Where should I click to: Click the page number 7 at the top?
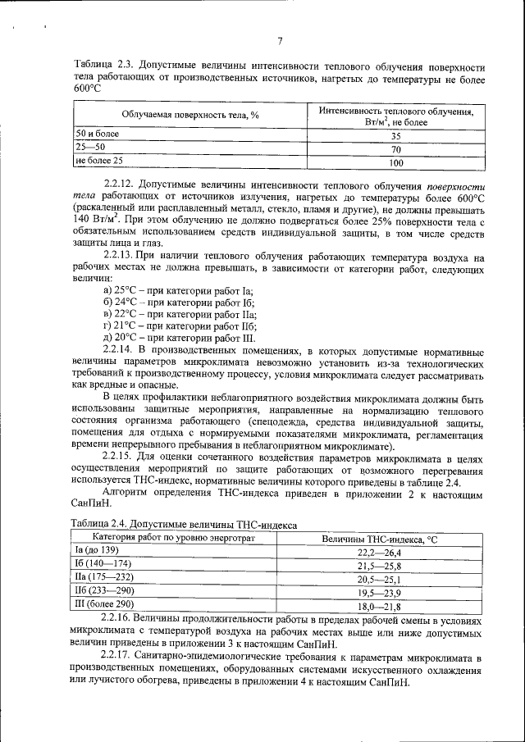tap(280, 42)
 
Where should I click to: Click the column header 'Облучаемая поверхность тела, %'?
tap(190, 116)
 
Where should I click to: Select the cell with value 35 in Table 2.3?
tap(395, 136)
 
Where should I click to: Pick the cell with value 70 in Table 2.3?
tap(395, 149)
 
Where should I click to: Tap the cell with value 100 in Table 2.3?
tap(395, 162)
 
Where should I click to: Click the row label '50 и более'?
tap(96, 134)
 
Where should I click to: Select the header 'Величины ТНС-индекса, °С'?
tap(379, 539)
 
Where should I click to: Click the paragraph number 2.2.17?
tap(121, 658)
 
